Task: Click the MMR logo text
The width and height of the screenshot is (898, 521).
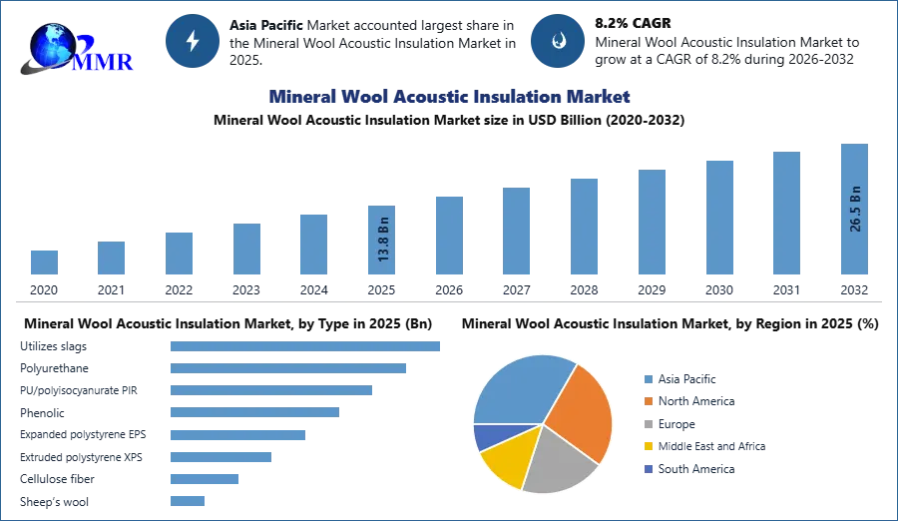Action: click(107, 62)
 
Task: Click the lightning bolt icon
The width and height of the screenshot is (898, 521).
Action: click(194, 41)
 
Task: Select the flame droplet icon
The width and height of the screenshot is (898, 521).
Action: click(558, 41)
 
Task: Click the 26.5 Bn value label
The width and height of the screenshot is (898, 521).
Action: click(855, 209)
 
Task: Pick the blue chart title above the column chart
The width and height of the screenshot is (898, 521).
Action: click(449, 97)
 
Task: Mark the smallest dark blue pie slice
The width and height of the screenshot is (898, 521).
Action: click(485, 435)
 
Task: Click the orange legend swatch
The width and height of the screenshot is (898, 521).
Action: click(648, 401)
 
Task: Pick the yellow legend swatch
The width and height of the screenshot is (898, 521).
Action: click(648, 447)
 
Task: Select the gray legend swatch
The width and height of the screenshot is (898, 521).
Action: click(648, 424)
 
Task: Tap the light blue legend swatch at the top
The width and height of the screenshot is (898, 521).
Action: click(648, 378)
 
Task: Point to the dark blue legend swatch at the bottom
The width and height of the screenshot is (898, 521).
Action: click(648, 470)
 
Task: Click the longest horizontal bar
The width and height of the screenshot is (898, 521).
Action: click(306, 343)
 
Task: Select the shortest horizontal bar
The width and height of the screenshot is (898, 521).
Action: click(188, 502)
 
